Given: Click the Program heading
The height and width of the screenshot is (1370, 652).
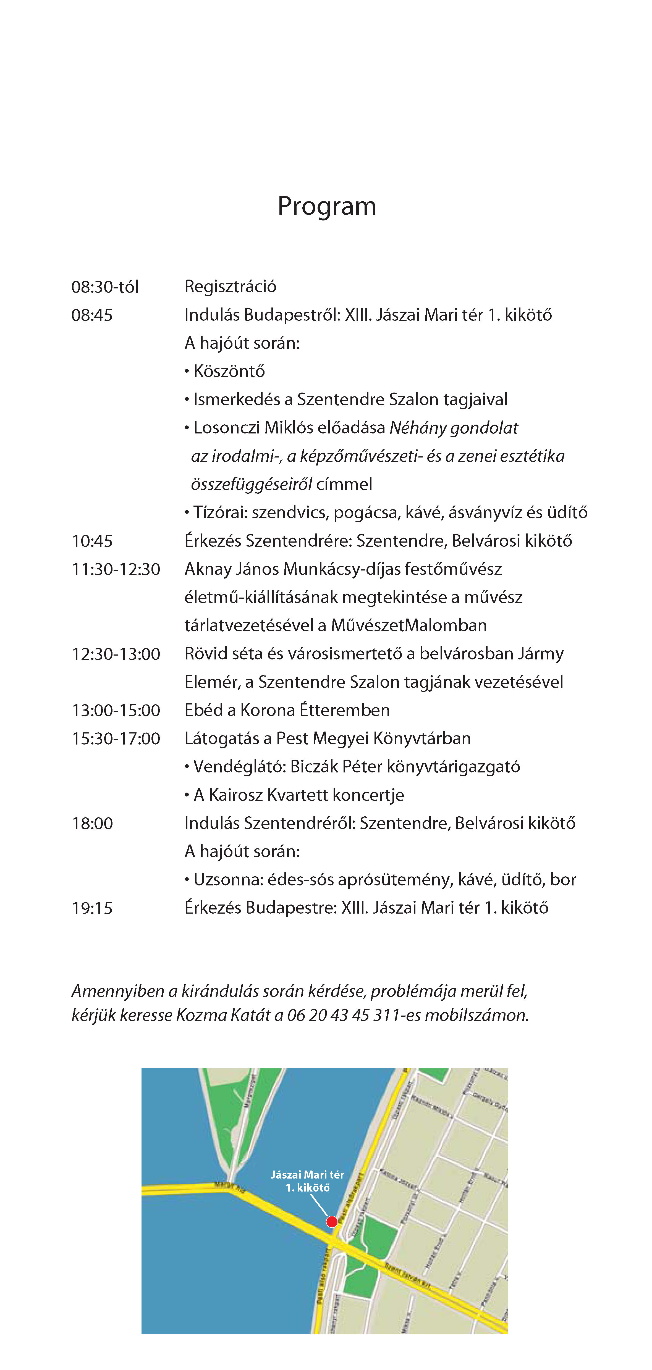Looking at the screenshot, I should [x=327, y=206].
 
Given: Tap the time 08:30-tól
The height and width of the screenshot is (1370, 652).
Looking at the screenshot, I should [x=105, y=287].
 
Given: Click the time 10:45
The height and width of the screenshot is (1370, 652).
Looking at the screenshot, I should [x=92, y=541].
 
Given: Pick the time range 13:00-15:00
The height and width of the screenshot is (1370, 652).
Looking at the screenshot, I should [x=116, y=711].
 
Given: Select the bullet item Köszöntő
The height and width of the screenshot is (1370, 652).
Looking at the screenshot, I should [x=229, y=371].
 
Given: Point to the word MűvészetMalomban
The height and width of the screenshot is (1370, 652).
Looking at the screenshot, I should [x=409, y=625].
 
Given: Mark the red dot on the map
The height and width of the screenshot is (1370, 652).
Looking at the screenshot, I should [x=332, y=1222].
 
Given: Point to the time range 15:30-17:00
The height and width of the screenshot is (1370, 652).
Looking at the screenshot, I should [x=116, y=739].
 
